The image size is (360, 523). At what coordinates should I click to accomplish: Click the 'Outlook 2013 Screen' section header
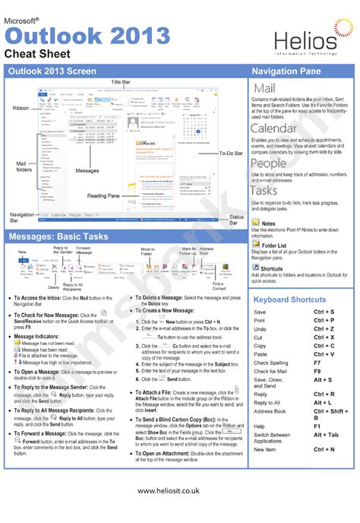click(52, 71)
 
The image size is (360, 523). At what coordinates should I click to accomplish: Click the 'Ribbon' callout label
click(21, 109)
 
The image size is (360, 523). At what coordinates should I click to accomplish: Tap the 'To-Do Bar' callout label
click(230, 153)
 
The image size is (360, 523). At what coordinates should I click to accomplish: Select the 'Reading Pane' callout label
click(103, 196)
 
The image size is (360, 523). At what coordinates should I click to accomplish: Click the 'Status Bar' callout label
click(237, 220)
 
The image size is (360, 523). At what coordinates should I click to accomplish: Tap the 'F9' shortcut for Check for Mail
click(318, 371)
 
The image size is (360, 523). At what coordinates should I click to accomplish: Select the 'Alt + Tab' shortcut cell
click(327, 435)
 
